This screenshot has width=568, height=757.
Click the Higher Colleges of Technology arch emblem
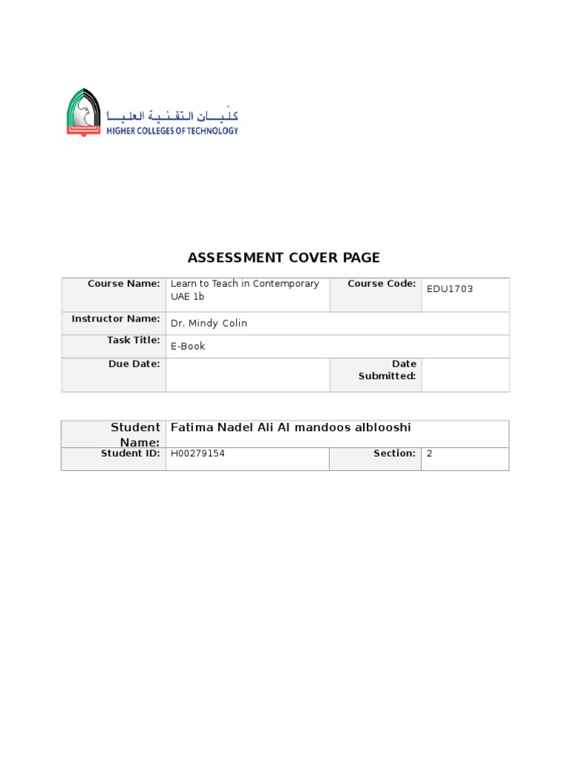point(84,112)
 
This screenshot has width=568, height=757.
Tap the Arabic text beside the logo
point(173,115)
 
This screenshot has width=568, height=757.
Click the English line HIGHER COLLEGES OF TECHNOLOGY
point(173,131)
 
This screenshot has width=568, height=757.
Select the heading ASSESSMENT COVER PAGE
point(283,258)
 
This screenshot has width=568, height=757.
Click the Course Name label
point(124,284)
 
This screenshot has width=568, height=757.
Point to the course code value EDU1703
point(450,289)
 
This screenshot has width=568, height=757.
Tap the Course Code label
point(382,284)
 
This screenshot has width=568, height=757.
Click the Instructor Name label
point(115,319)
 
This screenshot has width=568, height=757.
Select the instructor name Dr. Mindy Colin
point(209,323)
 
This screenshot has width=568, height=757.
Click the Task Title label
point(134,340)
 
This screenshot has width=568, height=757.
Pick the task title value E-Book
point(188,346)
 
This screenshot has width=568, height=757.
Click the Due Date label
point(134,364)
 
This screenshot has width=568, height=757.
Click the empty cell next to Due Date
point(247,375)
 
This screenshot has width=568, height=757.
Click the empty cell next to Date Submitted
point(464,375)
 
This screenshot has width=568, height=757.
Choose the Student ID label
point(130,453)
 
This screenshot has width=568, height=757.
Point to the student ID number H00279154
point(197,454)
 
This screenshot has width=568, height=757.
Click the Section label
point(394,453)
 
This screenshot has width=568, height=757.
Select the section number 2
point(429,454)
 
